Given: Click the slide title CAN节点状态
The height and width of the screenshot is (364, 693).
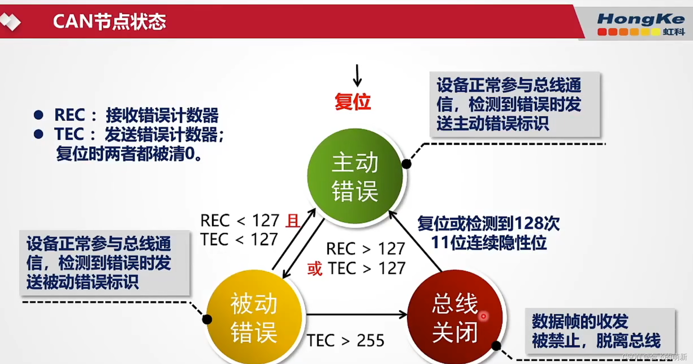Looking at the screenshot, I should [x=109, y=21].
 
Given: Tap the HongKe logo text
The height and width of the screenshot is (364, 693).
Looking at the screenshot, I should [x=640, y=19].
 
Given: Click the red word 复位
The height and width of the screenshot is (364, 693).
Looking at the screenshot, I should [x=353, y=102].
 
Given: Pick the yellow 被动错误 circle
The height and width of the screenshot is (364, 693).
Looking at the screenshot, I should [x=254, y=318].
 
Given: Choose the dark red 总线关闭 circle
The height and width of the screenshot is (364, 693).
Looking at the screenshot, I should [x=455, y=318].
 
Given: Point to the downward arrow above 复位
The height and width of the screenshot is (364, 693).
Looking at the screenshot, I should [x=357, y=76].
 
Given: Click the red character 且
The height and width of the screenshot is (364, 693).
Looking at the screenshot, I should [x=293, y=221].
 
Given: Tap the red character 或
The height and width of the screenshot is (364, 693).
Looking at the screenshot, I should [x=315, y=269].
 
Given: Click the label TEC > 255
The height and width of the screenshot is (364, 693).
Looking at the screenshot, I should [x=345, y=341].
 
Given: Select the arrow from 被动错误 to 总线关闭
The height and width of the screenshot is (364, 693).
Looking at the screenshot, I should [x=356, y=314].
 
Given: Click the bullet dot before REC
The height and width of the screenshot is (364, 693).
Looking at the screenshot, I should [x=38, y=115].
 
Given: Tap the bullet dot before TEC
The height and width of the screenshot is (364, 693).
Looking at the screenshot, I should [x=38, y=134].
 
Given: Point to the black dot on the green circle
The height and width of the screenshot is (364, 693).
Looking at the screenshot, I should [x=406, y=164].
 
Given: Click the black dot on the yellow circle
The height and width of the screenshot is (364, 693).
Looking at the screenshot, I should [x=207, y=320].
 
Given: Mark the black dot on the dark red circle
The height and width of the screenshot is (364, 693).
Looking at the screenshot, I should [x=496, y=346].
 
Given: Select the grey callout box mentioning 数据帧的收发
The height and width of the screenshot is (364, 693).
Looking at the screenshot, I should [x=600, y=331].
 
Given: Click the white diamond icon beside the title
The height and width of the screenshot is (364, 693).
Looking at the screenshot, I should [x=11, y=21].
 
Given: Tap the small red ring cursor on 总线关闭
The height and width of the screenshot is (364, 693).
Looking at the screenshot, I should [x=483, y=316].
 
